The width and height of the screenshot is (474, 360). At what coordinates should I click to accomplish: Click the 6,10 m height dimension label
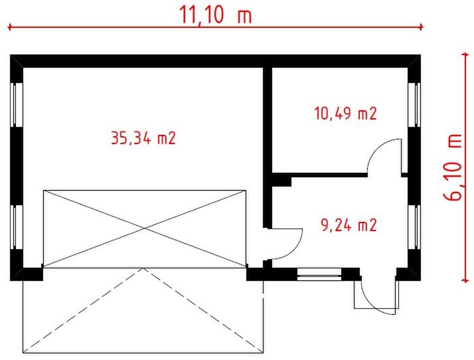click(455, 167)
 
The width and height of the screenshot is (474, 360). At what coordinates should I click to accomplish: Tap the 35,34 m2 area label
click(143, 138)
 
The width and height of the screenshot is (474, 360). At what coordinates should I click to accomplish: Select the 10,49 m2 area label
click(345, 114)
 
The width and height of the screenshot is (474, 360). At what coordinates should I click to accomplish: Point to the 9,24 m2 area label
click(349, 225)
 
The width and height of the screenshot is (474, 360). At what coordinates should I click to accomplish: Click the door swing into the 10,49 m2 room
click(385, 157)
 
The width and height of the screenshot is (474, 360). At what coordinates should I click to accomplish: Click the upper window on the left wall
click(17, 104)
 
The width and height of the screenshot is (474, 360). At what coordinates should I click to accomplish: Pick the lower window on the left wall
click(17, 227)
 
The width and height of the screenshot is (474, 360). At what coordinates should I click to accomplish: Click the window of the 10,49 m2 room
click(414, 104)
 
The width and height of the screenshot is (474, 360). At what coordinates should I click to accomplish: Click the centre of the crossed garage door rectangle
click(144, 229)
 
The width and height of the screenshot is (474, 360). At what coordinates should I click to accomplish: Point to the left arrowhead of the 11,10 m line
click(11, 27)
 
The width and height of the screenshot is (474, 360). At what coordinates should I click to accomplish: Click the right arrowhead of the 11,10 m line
click(420, 27)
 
